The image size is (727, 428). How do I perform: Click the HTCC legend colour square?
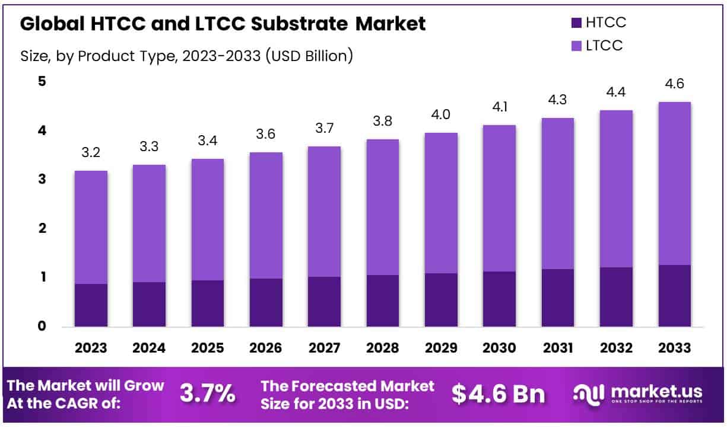point(576,24)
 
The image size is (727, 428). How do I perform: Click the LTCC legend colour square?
point(576,46)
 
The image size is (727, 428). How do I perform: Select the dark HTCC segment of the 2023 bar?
point(91,305)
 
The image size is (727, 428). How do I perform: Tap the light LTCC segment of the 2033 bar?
point(675,183)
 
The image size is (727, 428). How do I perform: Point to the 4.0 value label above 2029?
point(441,115)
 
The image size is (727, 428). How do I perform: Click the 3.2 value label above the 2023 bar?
point(91,153)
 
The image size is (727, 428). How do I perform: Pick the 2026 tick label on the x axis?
point(266,348)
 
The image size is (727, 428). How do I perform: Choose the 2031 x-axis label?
point(558,348)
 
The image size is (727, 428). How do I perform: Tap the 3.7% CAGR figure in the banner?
point(207,394)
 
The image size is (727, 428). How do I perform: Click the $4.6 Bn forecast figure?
point(499,394)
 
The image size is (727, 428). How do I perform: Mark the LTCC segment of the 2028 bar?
point(383,207)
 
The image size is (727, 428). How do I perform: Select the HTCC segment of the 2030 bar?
point(500,299)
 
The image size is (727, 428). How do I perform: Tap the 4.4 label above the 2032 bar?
point(617,92)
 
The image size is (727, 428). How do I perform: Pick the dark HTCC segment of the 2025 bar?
point(208,303)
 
